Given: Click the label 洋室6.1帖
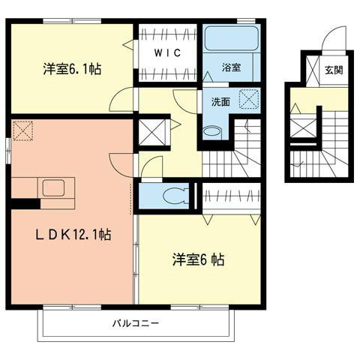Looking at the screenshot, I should coord(71,69).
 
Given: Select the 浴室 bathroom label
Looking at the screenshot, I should coord(231,67).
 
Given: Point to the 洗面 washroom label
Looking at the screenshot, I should coord(219,101).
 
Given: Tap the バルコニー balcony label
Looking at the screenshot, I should coord(136,324).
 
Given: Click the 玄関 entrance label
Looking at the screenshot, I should coord(332,70).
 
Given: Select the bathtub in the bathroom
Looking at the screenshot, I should coord(230,40).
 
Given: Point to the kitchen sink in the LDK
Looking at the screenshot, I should coord(53,187).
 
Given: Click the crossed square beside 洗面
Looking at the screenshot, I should coord(248,98).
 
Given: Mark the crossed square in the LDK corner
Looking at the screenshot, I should coord(22,131).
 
